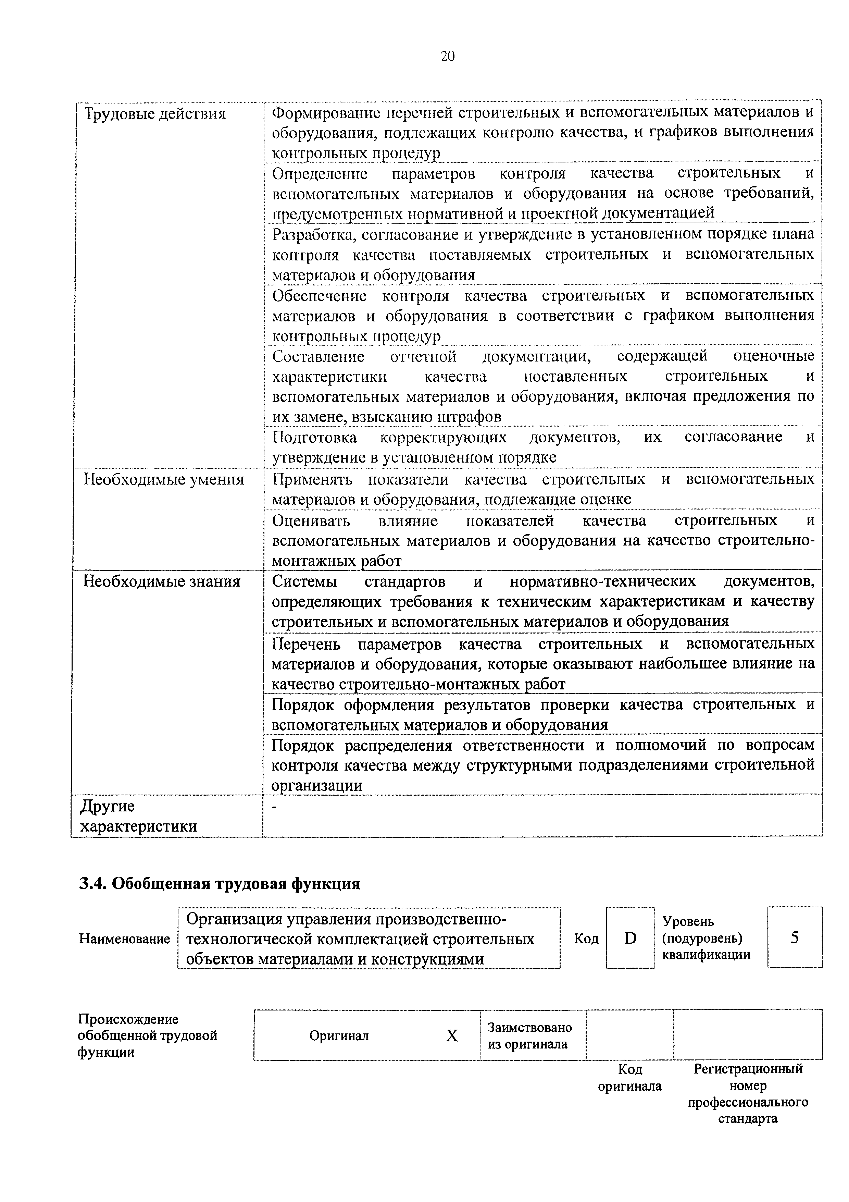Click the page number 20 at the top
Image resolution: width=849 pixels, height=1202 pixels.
[448, 56]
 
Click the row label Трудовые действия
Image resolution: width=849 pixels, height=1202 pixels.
[155, 114]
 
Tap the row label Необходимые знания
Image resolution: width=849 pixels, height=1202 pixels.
[162, 581]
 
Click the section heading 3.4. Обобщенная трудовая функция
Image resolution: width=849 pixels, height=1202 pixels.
[220, 884]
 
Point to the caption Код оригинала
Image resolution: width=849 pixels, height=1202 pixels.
[630, 1077]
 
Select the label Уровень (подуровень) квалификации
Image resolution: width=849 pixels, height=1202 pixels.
[706, 937]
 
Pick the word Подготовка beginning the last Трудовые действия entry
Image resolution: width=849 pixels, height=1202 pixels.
[315, 437]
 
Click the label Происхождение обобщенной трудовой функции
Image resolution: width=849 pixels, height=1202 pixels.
[148, 1035]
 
